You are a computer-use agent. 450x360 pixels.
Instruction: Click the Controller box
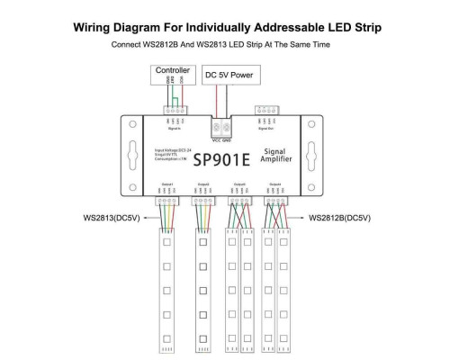tap(172, 70)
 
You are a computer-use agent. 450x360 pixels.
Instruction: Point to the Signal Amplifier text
tap(277, 157)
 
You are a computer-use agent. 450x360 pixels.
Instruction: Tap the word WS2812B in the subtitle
tap(179, 43)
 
